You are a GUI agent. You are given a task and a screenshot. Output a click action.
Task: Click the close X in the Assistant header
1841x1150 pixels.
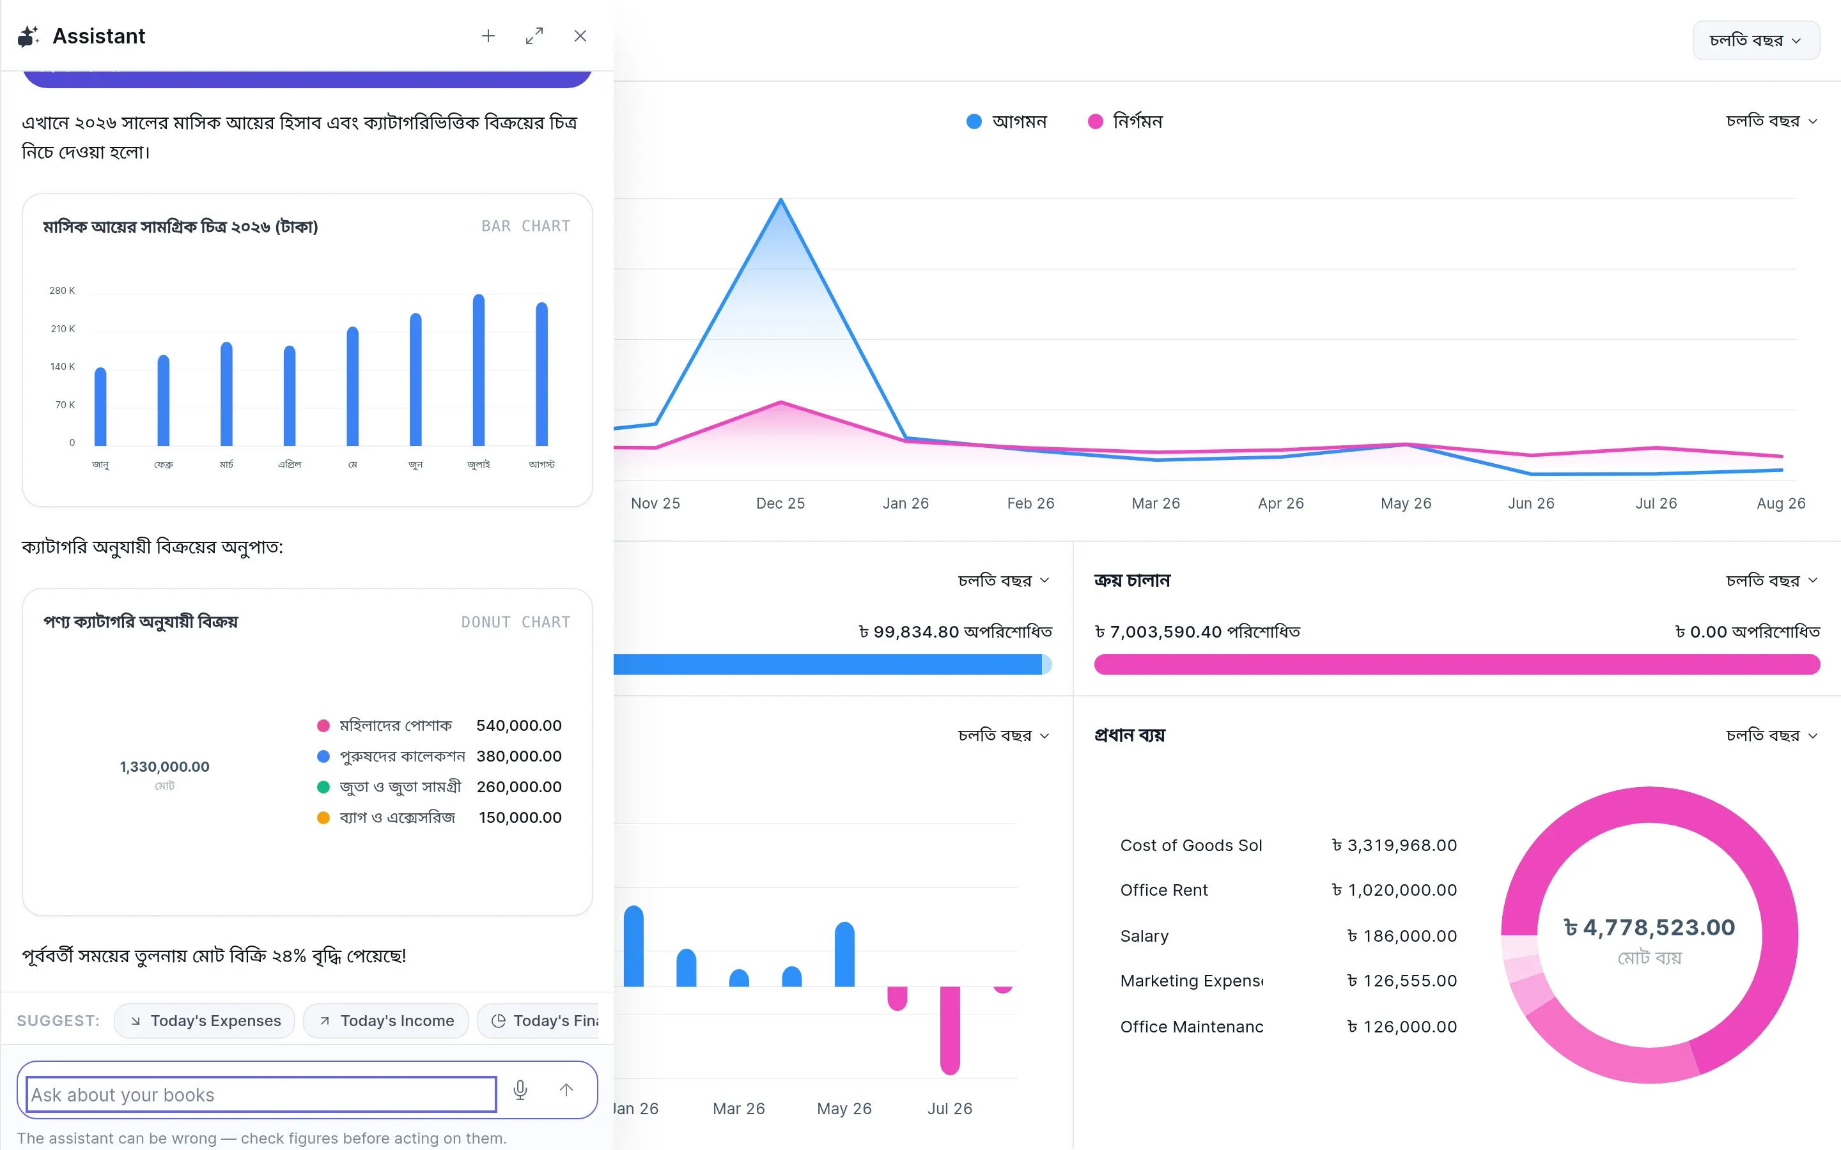point(580,36)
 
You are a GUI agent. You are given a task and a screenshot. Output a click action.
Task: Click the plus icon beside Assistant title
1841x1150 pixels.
point(488,36)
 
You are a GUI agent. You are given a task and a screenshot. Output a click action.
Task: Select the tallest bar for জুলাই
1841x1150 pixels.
point(479,370)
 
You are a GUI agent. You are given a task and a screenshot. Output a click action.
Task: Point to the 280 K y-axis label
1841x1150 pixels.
point(63,291)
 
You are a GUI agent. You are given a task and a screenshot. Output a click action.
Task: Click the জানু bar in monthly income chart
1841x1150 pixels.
point(100,406)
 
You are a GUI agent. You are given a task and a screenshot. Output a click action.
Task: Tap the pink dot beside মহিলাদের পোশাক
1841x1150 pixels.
point(323,726)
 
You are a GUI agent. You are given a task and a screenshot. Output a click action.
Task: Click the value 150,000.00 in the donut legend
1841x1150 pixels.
point(520,818)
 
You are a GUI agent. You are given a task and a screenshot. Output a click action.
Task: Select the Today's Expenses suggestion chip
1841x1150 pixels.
point(205,1021)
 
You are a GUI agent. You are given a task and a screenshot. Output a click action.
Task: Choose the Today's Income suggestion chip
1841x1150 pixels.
point(387,1021)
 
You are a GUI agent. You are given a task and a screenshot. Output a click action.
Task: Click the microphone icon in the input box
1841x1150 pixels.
point(520,1090)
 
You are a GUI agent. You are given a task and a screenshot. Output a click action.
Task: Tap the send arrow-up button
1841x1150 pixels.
point(566,1090)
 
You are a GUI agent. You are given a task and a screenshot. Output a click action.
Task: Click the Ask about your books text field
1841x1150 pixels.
point(261,1094)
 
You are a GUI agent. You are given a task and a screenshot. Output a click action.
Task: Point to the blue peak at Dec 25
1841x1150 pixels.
point(781,200)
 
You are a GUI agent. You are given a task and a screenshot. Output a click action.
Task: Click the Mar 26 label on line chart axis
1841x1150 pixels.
point(1156,503)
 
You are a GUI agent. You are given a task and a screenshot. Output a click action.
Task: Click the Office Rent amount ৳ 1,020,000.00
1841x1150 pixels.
point(1394,891)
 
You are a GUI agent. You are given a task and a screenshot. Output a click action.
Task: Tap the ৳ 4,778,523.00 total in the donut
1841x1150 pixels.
point(1649,928)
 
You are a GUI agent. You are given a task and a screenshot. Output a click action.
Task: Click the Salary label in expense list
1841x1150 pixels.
point(1144,936)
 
